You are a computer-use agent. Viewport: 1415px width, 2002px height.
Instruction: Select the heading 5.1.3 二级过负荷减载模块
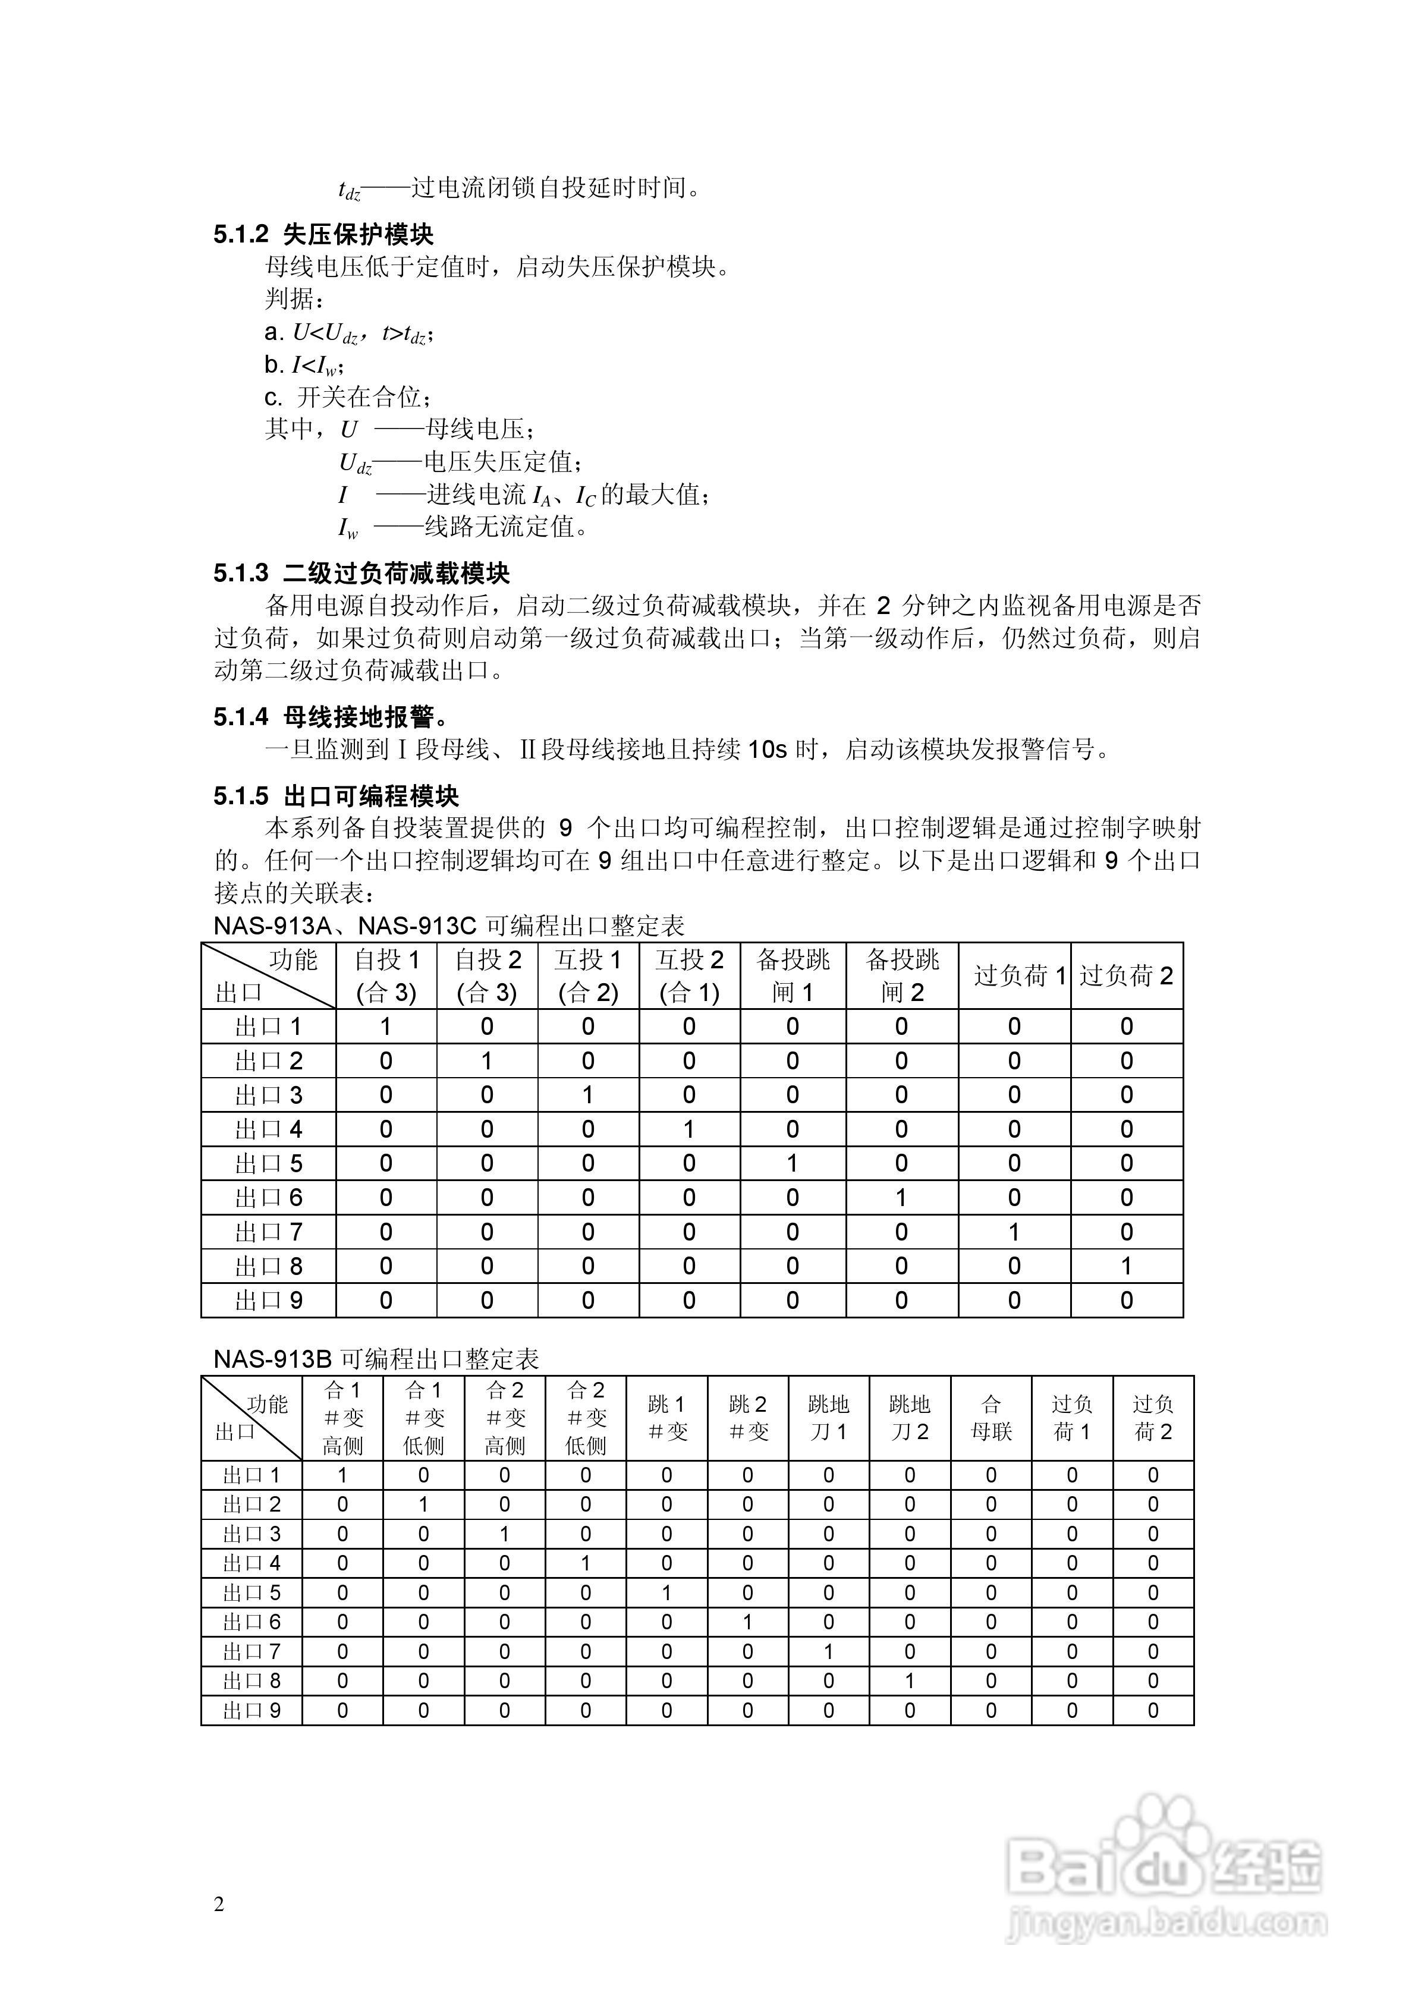point(361,573)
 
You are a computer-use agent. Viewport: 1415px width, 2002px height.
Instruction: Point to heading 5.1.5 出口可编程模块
point(337,795)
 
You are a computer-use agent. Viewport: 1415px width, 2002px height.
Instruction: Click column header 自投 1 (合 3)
point(386,975)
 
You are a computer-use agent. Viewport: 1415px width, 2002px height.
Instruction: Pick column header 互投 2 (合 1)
point(689,975)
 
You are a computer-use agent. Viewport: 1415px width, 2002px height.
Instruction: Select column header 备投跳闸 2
point(901,975)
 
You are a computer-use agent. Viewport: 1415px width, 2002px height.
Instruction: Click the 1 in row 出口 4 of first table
point(689,1129)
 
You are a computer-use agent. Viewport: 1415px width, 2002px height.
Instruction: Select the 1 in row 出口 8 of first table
point(1126,1266)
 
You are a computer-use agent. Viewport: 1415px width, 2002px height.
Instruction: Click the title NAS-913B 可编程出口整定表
point(377,1358)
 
